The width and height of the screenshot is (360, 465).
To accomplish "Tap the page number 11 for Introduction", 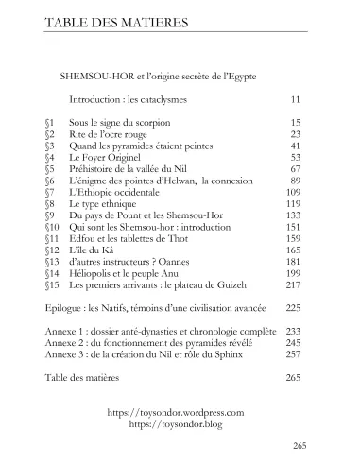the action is click(295, 98).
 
